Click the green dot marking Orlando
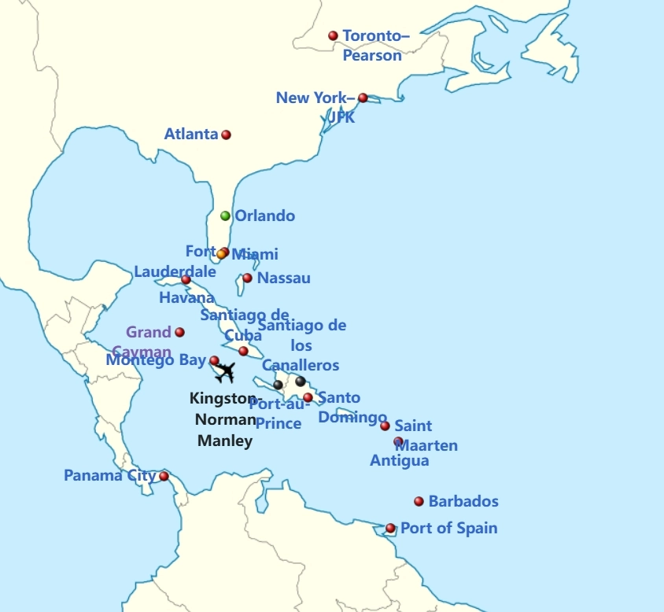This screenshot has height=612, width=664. pyautogui.click(x=225, y=216)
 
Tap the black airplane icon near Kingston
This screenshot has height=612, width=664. pyautogui.click(x=225, y=371)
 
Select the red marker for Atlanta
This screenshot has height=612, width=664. pyautogui.click(x=226, y=135)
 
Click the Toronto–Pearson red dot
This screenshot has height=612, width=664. pyautogui.click(x=333, y=35)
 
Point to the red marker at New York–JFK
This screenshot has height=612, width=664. pyautogui.click(x=363, y=98)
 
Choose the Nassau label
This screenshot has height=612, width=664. pyautogui.click(x=284, y=278)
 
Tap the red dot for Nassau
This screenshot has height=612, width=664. pyautogui.click(x=247, y=278)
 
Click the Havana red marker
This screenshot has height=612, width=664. pyautogui.click(x=186, y=279)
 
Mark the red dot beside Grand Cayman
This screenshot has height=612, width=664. pyautogui.click(x=179, y=332)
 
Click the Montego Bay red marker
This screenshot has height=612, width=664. pyautogui.click(x=214, y=360)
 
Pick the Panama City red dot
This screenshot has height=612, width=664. pyautogui.click(x=164, y=476)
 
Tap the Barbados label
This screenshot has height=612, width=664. pyautogui.click(x=463, y=501)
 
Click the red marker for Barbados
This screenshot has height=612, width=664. pyautogui.click(x=419, y=501)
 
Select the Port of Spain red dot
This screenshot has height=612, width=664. pyautogui.click(x=390, y=528)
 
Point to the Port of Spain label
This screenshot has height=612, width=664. pyautogui.click(x=449, y=528)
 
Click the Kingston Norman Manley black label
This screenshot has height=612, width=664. pyautogui.click(x=224, y=419)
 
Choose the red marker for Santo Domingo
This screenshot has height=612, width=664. pyautogui.click(x=308, y=397)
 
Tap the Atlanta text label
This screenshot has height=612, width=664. pyautogui.click(x=190, y=135)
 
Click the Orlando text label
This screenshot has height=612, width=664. pyautogui.click(x=265, y=216)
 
